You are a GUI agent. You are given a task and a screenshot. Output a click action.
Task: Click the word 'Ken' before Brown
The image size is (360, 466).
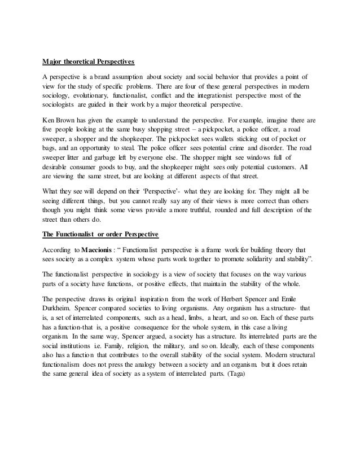pyautogui.click(x=49, y=120)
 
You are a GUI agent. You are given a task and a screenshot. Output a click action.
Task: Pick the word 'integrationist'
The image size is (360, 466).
pyautogui.click(x=225, y=96)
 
